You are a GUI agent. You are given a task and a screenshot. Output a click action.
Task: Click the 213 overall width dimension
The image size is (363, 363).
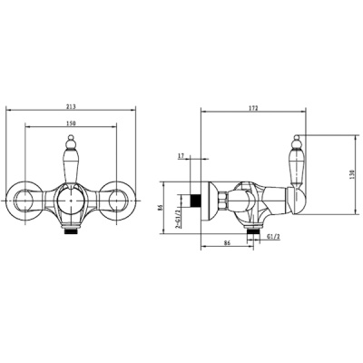click(x=71, y=106)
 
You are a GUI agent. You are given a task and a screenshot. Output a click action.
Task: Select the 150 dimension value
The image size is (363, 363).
click(x=71, y=123)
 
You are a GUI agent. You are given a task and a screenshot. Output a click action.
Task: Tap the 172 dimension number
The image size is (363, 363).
click(x=253, y=108)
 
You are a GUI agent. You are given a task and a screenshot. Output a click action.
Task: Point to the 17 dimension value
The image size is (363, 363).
click(x=181, y=156)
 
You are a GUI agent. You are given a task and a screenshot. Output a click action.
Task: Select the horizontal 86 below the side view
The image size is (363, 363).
click(x=227, y=242)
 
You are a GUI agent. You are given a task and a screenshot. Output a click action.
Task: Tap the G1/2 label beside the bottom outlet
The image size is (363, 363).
click(x=272, y=237)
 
